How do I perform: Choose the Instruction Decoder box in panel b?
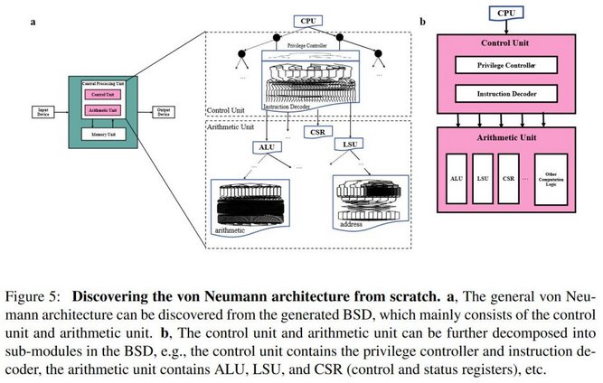507,94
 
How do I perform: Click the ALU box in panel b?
458,179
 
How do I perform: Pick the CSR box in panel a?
317,133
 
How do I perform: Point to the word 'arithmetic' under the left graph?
234,231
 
